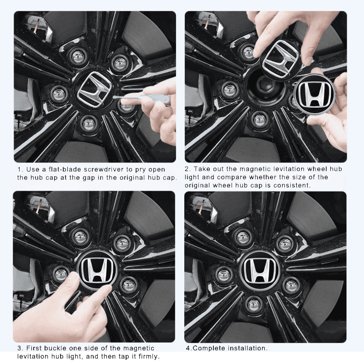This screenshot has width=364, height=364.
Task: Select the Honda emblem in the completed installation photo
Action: pyautogui.click(x=260, y=269)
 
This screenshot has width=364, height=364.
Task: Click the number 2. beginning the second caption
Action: pyautogui.click(x=188, y=169)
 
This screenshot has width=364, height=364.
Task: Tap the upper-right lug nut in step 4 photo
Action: pyautogui.click(x=284, y=244)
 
